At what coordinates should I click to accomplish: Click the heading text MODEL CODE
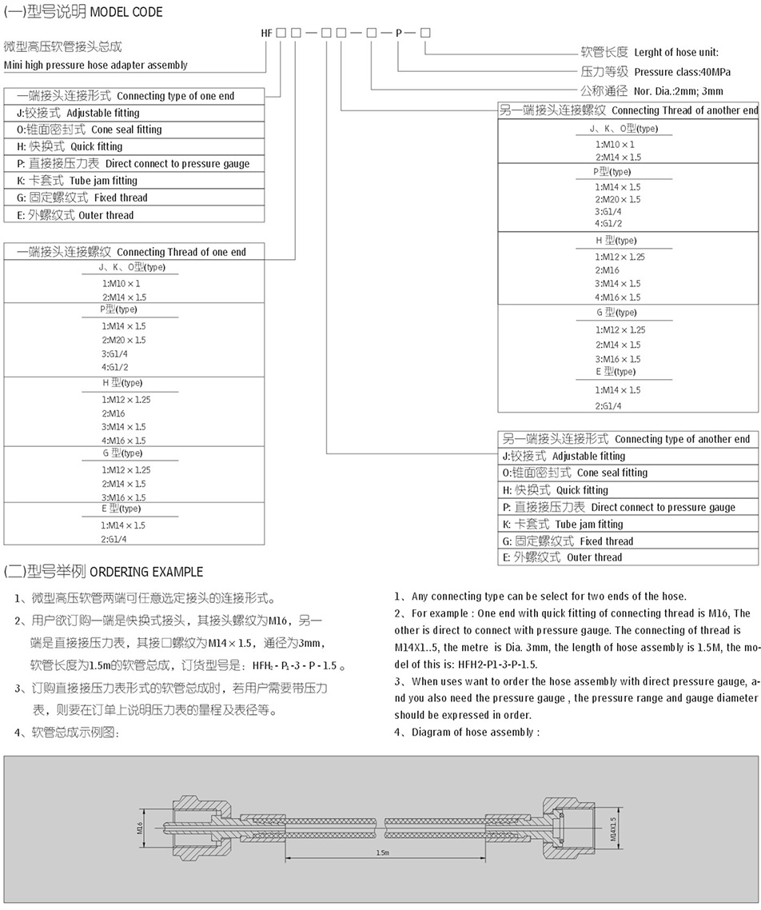click(126, 12)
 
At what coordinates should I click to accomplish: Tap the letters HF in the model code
click(268, 33)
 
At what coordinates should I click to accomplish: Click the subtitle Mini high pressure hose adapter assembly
click(96, 65)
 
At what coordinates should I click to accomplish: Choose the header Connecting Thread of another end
click(684, 110)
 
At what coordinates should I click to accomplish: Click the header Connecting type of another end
click(682, 439)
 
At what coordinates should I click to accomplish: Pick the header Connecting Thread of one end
click(181, 252)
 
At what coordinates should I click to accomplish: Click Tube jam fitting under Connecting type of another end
click(589, 525)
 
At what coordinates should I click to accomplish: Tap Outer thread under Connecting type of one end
click(106, 215)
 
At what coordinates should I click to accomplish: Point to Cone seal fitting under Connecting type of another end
click(612, 473)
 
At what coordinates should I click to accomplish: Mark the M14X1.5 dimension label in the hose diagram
click(614, 829)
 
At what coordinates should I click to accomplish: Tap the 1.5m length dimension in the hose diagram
click(382, 853)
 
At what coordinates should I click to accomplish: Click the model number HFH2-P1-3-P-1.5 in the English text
click(497, 665)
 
